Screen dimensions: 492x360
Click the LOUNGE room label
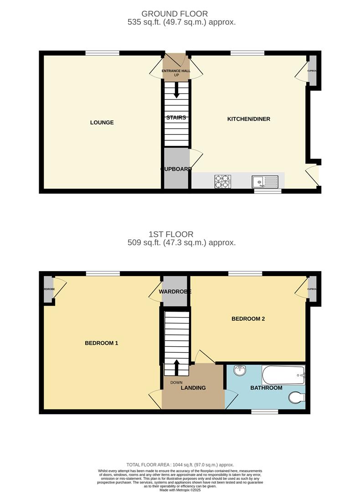coord(102,123)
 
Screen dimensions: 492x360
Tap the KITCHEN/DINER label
coord(249,119)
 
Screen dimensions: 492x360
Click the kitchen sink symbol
coord(264,181)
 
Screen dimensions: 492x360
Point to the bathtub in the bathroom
coord(283,375)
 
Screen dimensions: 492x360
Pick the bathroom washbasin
coord(240,370)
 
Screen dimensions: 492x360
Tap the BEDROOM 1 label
coord(102,343)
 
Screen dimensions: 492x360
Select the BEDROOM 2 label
coord(248,319)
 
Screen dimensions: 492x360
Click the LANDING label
coord(193,388)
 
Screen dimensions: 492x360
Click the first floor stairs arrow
coord(176,366)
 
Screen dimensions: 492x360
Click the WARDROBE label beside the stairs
coord(175,292)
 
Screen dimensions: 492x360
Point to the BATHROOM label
coord(266,388)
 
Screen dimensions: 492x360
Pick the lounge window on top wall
coord(103,53)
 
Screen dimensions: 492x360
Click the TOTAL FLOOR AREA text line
coord(180,465)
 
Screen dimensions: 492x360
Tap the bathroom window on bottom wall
coord(265,412)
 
